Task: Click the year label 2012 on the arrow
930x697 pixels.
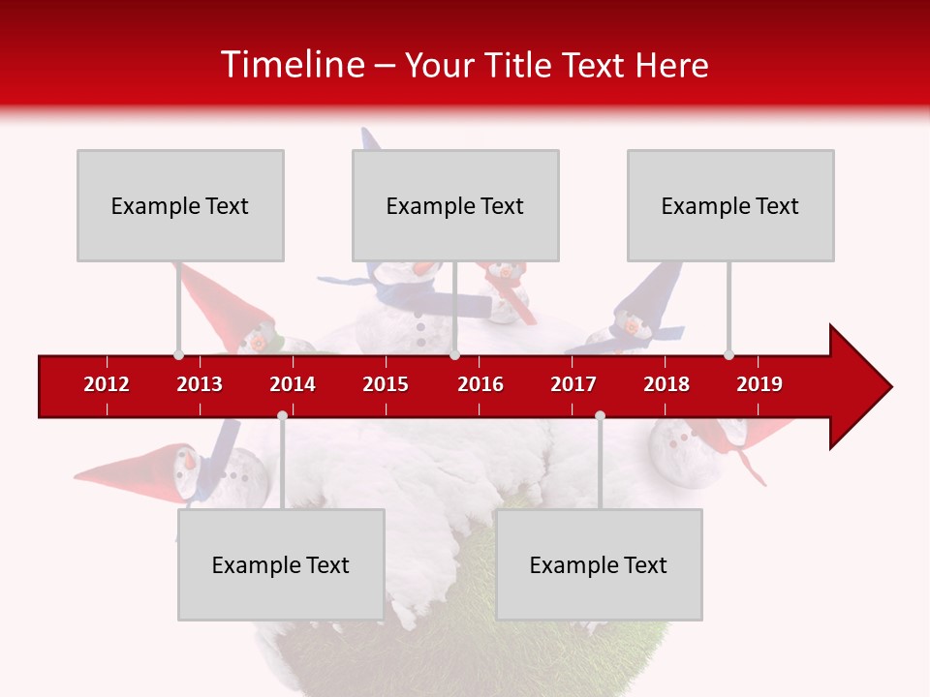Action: coord(107,384)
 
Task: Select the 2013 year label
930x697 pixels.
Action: coord(200,384)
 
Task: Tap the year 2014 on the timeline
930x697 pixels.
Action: coord(293,384)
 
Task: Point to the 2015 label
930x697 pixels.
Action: coord(386,384)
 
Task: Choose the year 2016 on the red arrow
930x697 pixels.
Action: coord(480,384)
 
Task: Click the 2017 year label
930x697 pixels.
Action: coord(573,384)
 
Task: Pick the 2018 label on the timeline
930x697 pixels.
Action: coord(666,384)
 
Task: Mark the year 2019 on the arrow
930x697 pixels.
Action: coord(759,384)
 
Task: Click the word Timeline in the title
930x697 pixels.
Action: coord(291,65)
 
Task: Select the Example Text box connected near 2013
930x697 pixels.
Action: coord(180,205)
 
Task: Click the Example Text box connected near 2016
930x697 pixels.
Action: coord(455,205)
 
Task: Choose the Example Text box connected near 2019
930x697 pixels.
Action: coord(730,205)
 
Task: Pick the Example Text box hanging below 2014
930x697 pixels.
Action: coord(281,564)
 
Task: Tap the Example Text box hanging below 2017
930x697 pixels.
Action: coord(599,564)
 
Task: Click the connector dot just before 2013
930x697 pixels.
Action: coord(178,354)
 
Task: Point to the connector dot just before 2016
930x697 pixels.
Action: coord(454,354)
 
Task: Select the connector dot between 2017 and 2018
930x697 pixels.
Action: coord(600,416)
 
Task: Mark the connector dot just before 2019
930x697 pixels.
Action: coord(728,354)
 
